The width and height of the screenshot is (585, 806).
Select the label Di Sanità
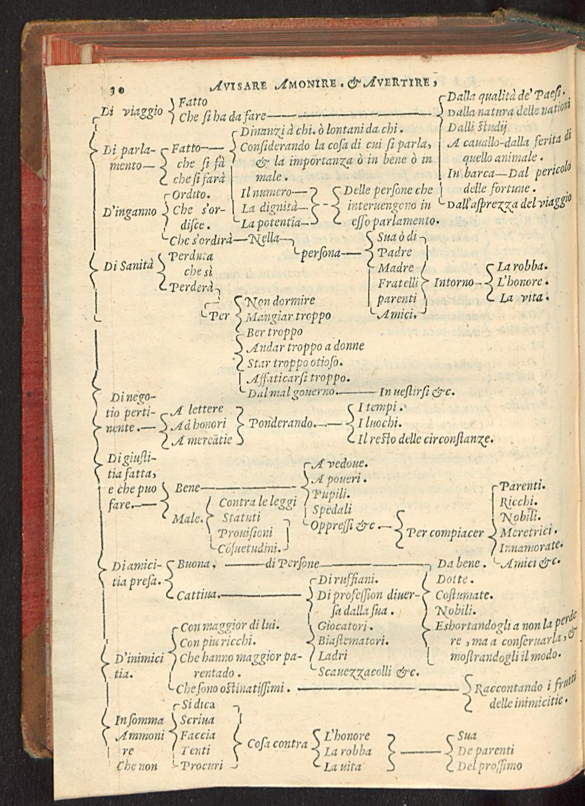[x=128, y=266]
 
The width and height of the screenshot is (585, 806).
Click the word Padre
[x=395, y=252]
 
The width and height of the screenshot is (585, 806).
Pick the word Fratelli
[x=398, y=283]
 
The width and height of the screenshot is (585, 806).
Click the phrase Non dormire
[x=280, y=301]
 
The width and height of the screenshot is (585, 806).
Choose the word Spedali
[x=332, y=509]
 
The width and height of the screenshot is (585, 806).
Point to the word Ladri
[x=333, y=656]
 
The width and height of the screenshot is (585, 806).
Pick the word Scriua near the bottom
[x=198, y=719]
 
